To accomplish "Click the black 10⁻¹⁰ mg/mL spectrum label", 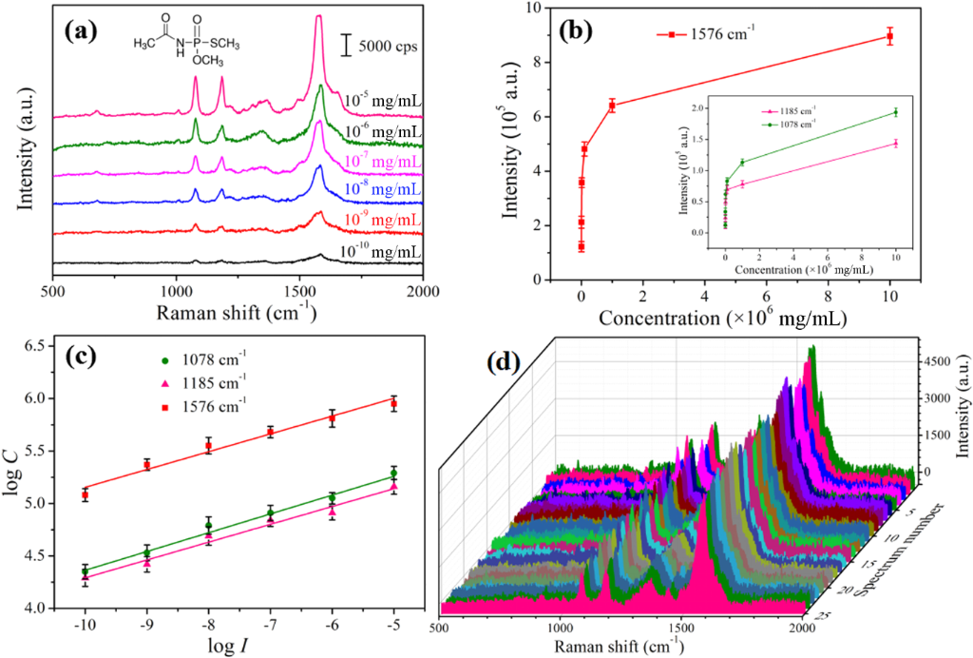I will click(x=381, y=251).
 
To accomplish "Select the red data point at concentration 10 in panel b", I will click(x=889, y=37).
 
